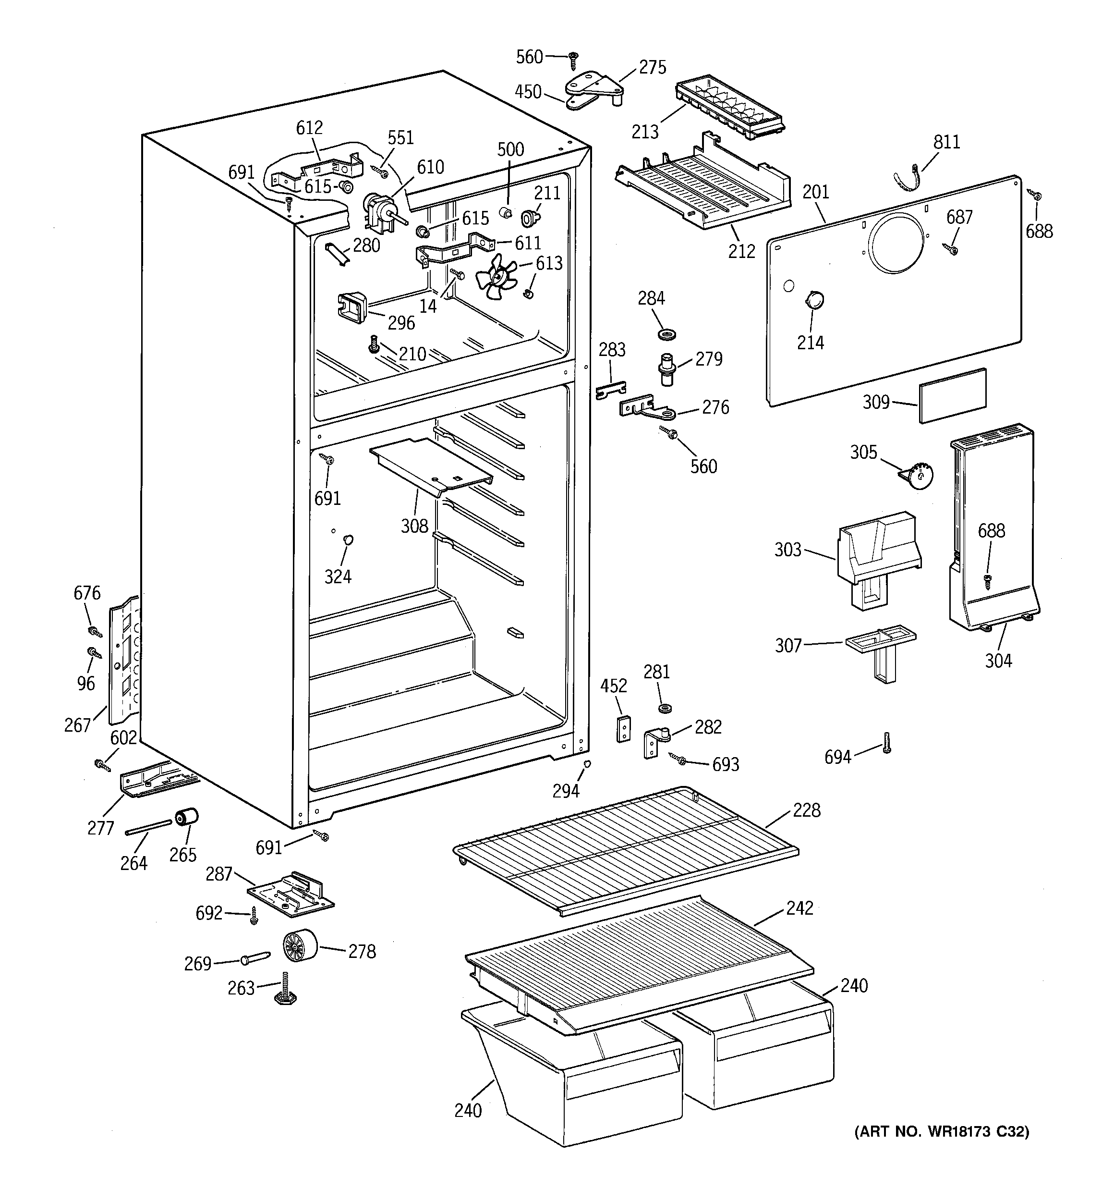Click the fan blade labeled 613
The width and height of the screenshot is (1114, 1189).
pos(496,278)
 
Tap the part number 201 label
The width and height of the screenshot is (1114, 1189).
pos(816,192)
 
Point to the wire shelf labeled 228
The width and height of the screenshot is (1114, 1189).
pos(625,850)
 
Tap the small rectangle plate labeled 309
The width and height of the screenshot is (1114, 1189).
pos(953,395)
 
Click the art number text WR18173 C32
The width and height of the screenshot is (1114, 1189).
pos(941,1131)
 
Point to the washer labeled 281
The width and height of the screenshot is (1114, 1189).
pos(663,709)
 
